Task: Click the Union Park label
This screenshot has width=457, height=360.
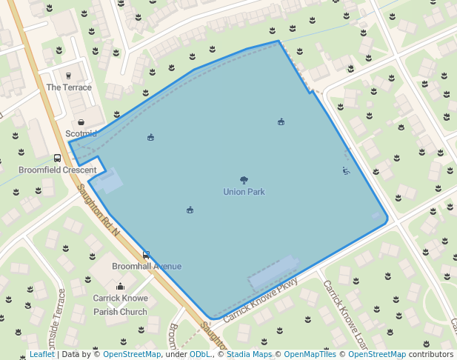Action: tap(244, 192)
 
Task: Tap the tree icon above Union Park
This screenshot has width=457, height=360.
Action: tap(244, 180)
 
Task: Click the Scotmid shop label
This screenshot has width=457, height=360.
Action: tap(81, 134)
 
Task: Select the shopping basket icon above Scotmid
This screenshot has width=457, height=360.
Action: tap(81, 122)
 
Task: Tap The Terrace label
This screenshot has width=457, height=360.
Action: tap(69, 87)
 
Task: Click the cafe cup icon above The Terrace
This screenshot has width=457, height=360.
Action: tap(69, 76)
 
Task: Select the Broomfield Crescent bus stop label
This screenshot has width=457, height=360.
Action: tap(47, 170)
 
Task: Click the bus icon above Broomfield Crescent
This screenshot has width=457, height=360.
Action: tap(57, 159)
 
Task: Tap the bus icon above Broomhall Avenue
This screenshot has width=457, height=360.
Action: tap(146, 255)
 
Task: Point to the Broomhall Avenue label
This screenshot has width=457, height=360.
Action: tap(147, 267)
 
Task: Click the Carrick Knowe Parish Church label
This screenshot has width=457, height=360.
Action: tap(120, 305)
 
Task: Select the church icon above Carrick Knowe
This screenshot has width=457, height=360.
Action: tap(120, 287)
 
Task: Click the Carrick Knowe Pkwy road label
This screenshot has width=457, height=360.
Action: tap(261, 300)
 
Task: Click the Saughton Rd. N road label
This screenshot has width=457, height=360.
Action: tap(98, 210)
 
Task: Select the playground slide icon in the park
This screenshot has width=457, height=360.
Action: tap(346, 171)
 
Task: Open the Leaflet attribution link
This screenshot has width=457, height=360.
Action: tap(41, 355)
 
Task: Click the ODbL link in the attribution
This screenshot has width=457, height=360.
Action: tap(200, 355)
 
